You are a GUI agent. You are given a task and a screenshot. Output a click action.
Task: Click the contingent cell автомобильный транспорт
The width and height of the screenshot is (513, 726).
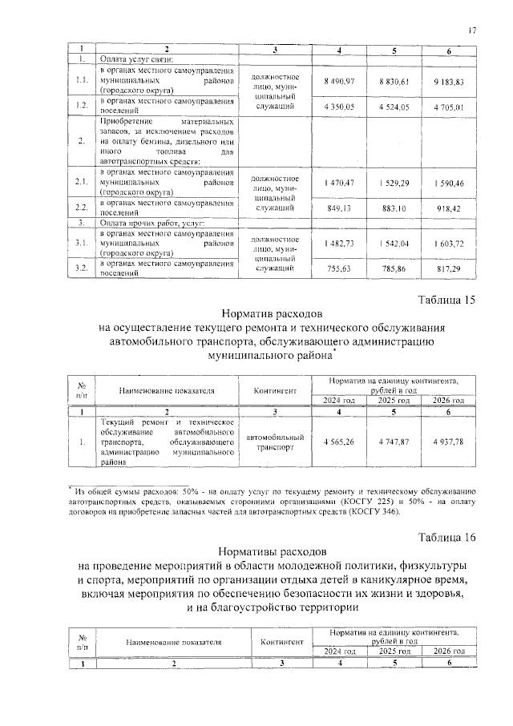(275, 442)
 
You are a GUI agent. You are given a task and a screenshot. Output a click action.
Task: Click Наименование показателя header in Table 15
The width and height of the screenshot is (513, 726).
(167, 390)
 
